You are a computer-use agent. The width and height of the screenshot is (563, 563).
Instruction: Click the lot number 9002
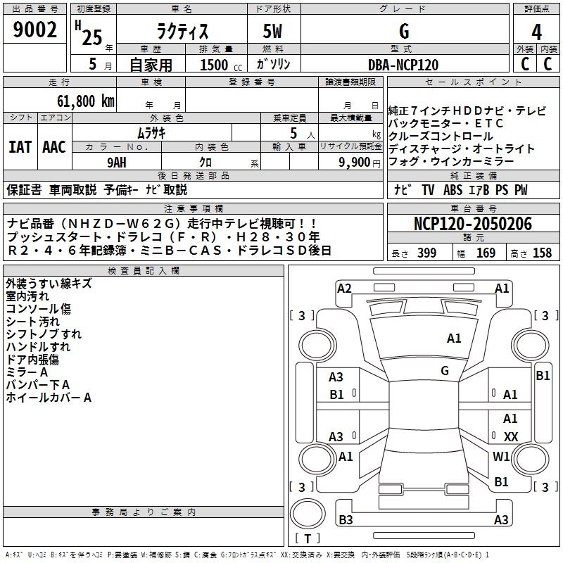click(x=34, y=30)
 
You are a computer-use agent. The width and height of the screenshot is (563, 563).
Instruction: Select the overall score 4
click(x=536, y=32)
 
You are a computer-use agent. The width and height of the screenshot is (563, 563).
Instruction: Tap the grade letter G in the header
click(x=404, y=31)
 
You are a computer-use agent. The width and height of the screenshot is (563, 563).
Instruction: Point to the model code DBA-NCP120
click(x=403, y=65)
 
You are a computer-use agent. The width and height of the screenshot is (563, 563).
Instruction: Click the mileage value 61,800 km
click(x=86, y=101)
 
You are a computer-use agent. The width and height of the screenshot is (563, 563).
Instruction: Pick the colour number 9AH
click(x=117, y=163)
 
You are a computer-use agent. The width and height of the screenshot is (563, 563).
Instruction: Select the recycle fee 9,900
click(x=355, y=163)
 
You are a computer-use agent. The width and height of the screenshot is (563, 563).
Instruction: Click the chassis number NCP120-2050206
click(x=473, y=224)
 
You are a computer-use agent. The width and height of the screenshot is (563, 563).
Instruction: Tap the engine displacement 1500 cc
click(x=221, y=65)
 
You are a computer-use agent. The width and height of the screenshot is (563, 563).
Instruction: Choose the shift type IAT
click(x=20, y=147)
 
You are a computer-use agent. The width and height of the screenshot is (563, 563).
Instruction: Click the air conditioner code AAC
click(x=54, y=147)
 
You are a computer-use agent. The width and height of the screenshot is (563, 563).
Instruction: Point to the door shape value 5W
click(x=272, y=31)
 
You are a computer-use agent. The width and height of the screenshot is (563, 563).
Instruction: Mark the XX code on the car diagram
click(x=511, y=436)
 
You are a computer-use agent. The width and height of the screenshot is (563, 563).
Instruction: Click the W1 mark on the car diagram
click(x=501, y=456)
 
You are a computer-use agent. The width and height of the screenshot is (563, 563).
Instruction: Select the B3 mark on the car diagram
click(x=346, y=519)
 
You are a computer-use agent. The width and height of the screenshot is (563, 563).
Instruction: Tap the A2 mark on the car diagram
click(x=344, y=289)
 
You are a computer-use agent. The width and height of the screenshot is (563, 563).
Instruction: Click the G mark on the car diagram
click(x=445, y=371)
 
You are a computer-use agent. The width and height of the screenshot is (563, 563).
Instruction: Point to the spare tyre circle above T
click(x=308, y=514)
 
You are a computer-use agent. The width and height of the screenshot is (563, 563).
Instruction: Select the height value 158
click(x=542, y=253)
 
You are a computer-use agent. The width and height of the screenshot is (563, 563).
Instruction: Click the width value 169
click(x=486, y=253)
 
